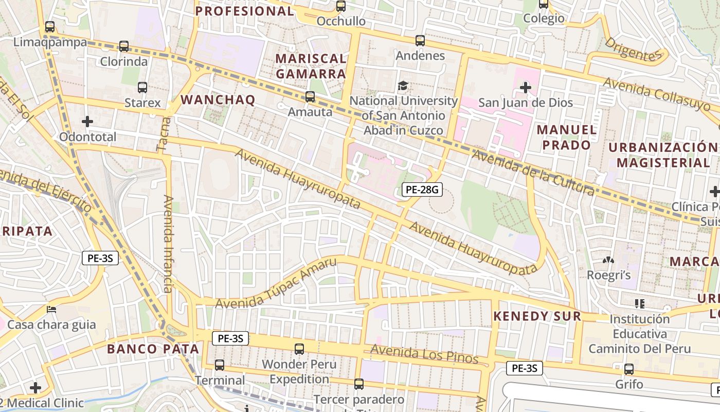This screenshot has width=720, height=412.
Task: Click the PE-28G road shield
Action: pos(422,190)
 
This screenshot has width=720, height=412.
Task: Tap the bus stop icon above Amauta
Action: pos(310,96)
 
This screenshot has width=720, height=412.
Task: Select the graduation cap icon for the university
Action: pos(403,85)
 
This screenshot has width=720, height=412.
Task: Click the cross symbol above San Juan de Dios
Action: pos(525,88)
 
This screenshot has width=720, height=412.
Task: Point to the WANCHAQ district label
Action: pos(219,100)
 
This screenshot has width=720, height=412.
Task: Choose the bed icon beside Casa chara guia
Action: pos(51,310)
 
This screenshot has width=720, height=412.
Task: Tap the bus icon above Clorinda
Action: pos(124,46)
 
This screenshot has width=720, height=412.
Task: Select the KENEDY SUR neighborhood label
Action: pos(537,316)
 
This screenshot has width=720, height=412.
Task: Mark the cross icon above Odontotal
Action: pos(87,122)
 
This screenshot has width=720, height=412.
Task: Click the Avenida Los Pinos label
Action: pos(424,354)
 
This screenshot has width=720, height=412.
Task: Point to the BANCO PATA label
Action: pos(153,349)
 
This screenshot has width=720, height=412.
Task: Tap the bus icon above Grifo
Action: pos(628,369)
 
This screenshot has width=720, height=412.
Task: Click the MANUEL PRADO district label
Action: pos(567,137)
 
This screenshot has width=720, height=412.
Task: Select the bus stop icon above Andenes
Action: pos(420,41)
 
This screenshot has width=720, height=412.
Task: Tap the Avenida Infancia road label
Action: pos(168,244)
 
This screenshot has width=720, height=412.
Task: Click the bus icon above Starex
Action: pos(142,88)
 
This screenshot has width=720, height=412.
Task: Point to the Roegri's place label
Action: pos(609,276)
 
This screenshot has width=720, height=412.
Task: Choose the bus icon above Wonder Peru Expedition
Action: pos(299,349)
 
